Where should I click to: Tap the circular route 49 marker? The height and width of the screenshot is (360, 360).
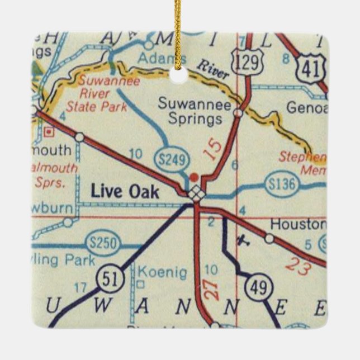[258, 288]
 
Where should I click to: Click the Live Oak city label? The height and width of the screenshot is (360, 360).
[125, 192]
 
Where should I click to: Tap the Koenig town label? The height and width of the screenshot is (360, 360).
[162, 272]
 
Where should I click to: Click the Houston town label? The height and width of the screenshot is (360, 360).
[297, 224]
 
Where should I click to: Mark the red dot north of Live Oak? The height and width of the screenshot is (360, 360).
[194, 177]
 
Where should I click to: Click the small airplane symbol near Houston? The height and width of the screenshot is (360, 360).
[241, 240]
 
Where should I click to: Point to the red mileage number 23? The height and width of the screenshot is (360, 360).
[297, 266]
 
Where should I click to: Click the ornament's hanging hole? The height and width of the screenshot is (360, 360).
[179, 77]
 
